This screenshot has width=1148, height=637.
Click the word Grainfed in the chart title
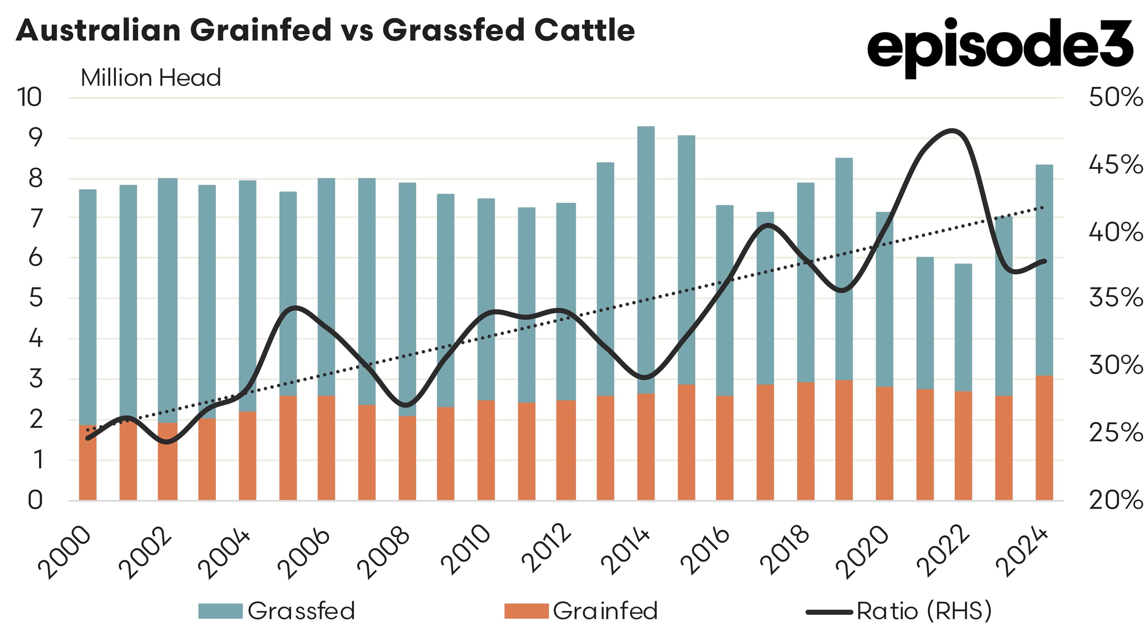pos(261,30)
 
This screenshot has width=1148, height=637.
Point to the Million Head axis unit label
pos(151,78)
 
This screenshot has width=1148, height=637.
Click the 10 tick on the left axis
pos(29,97)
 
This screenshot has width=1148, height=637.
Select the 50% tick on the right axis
pos(1116,97)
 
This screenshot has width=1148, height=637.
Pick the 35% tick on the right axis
pos(1116,298)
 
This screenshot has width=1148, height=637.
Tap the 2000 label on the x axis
pos(65,553)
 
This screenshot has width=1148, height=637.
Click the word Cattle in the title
pos(584,30)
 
